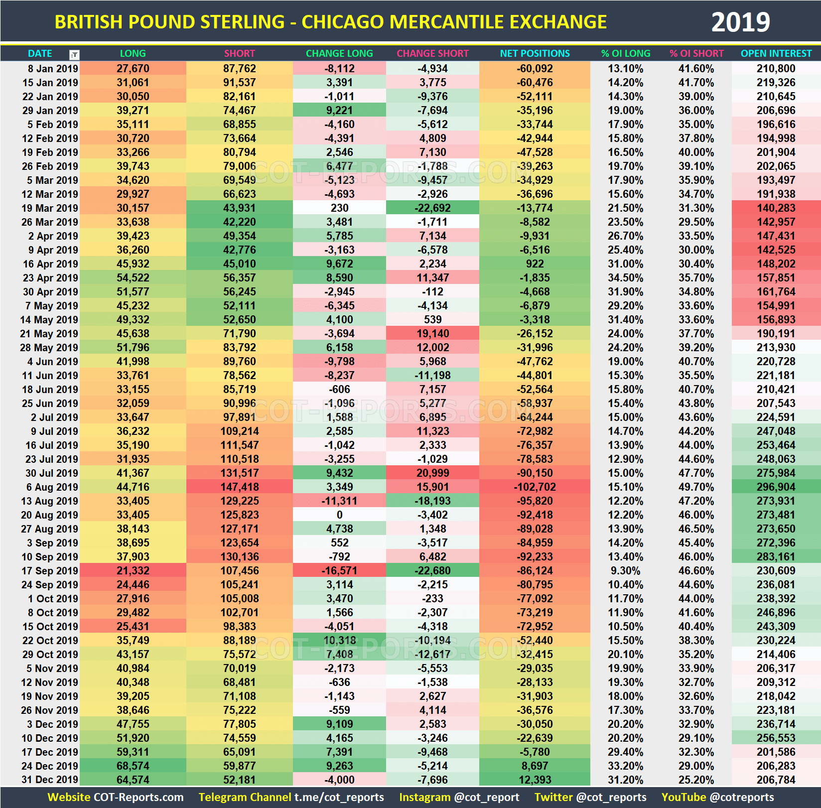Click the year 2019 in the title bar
tap(740, 22)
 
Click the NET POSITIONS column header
tap(535, 53)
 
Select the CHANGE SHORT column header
tap(432, 53)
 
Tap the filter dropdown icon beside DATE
tap(74, 54)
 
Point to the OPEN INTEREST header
tap(776, 53)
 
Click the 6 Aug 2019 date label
tap(52, 487)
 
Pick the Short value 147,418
tap(239, 487)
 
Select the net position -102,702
tap(535, 487)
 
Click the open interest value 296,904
tap(776, 487)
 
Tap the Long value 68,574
tap(133, 766)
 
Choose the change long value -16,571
tap(339, 571)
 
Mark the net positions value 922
tap(535, 264)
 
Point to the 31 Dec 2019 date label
tap(50, 780)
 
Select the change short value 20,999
tap(432, 473)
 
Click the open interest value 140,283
tap(776, 208)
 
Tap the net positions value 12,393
tap(535, 780)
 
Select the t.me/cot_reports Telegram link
tap(339, 797)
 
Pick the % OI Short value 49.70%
tap(696, 487)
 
